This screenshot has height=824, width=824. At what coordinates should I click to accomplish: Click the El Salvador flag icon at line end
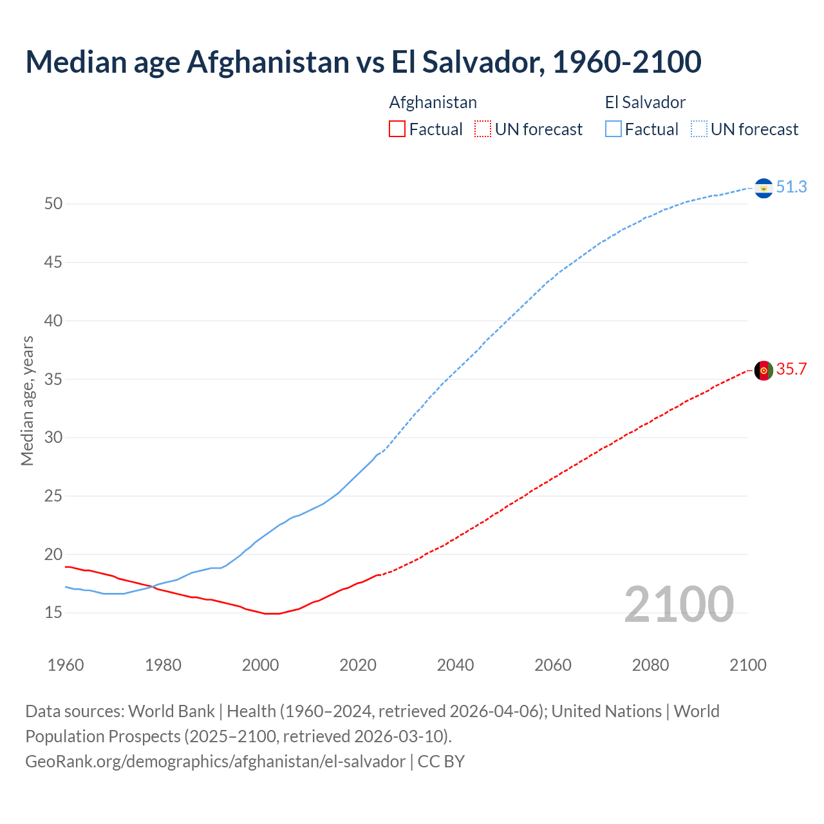tap(763, 188)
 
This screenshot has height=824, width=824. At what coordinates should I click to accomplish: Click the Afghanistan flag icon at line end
tap(763, 370)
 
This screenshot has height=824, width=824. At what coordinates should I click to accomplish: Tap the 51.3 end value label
tap(791, 187)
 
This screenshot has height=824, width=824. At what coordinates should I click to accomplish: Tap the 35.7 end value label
tap(791, 369)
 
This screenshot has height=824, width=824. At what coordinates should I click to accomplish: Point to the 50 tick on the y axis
tap(53, 204)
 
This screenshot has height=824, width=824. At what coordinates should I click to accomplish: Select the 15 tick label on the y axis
tap(53, 613)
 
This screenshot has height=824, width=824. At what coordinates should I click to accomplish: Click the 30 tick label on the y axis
tap(53, 438)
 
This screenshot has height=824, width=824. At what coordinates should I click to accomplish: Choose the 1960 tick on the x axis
tap(66, 665)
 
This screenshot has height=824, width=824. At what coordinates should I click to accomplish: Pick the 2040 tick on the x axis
tap(455, 665)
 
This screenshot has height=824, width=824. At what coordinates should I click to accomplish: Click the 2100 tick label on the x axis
tap(747, 665)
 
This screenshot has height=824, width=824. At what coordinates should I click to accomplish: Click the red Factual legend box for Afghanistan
tap(397, 129)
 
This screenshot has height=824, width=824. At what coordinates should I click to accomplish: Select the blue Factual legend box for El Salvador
tap(613, 129)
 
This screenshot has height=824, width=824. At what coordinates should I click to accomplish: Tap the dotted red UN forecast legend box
tap(483, 129)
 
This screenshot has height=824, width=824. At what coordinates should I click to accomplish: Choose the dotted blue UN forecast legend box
tap(698, 129)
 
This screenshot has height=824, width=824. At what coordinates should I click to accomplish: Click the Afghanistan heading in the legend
tap(433, 102)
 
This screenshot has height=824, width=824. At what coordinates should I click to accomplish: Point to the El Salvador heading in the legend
tap(645, 102)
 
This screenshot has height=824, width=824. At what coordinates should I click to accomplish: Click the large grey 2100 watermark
tap(679, 604)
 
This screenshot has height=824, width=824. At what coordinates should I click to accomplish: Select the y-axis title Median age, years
tap(27, 400)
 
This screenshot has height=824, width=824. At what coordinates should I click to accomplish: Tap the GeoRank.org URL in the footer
tap(215, 761)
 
